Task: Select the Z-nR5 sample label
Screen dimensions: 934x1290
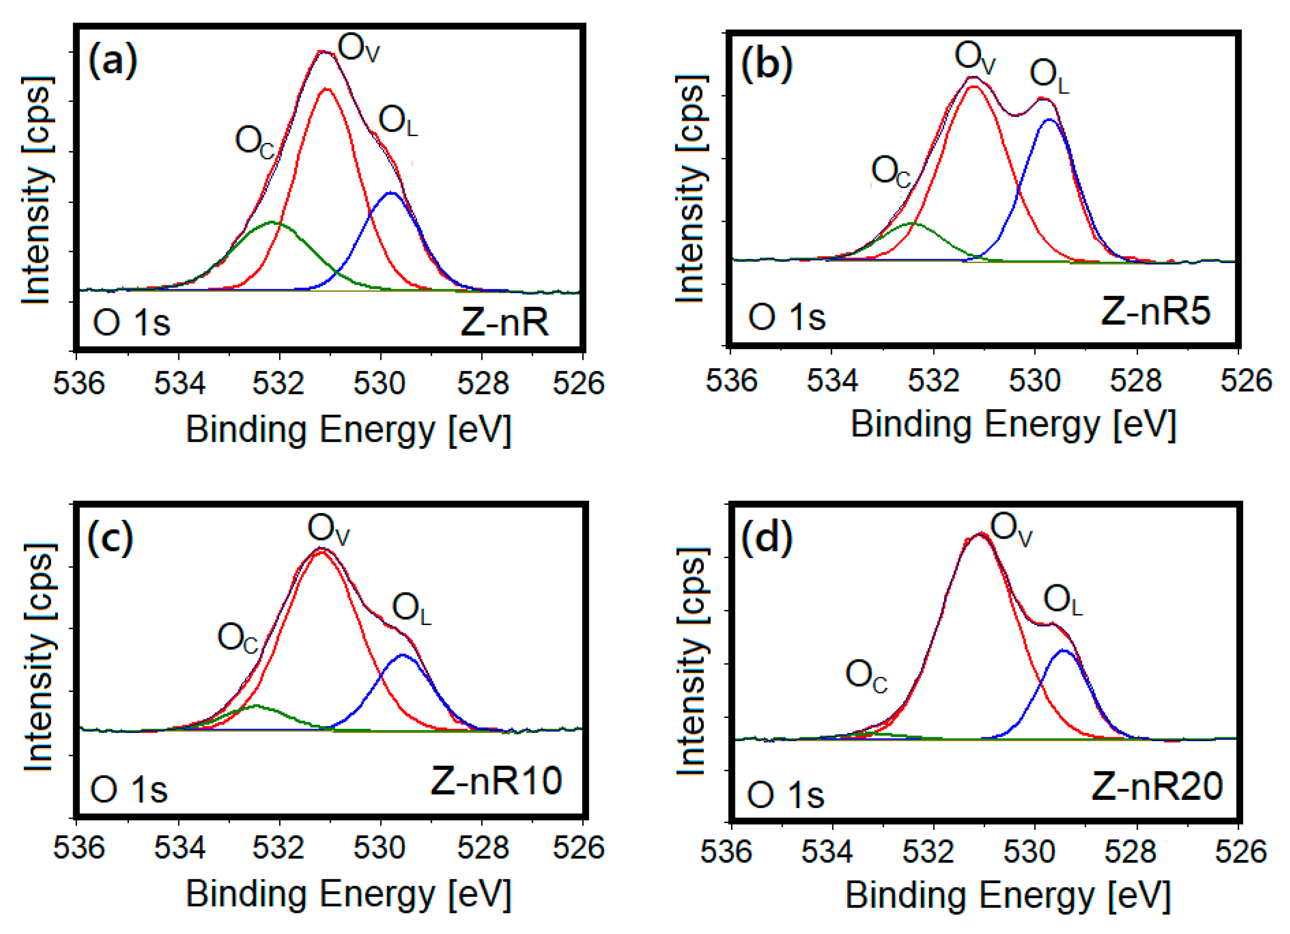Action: point(1155,311)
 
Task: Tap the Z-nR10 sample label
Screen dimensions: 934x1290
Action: point(496,781)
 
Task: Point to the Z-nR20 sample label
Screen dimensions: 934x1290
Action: point(1157,787)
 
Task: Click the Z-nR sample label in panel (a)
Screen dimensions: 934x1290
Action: point(504,323)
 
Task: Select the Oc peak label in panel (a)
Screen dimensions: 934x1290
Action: point(254,142)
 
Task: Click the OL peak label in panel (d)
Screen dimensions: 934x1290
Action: point(1062,602)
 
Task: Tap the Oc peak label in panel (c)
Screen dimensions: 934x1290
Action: point(237,638)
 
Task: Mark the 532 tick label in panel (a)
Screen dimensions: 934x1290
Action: point(279,383)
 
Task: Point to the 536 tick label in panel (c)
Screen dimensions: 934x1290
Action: point(78,848)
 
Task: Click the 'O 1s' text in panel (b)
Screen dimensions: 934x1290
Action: point(787,317)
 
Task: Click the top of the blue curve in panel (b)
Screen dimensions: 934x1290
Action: point(1049,120)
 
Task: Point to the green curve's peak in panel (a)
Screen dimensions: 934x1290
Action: point(272,222)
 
